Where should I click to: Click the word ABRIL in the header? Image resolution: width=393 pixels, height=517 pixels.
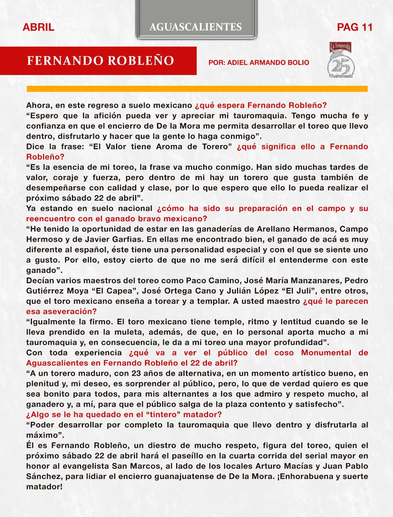click(x=38, y=27)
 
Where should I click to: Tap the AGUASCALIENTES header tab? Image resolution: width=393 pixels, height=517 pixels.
click(x=196, y=27)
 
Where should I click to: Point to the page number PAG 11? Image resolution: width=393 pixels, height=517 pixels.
click(x=355, y=27)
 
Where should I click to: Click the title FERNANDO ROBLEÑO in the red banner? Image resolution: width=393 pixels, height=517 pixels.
click(x=100, y=61)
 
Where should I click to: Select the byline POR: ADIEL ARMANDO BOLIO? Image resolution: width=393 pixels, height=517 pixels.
click(x=259, y=62)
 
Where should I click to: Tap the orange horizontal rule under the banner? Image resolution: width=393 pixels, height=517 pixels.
click(x=197, y=89)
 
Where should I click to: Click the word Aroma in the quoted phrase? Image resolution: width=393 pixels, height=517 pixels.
click(x=169, y=147)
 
